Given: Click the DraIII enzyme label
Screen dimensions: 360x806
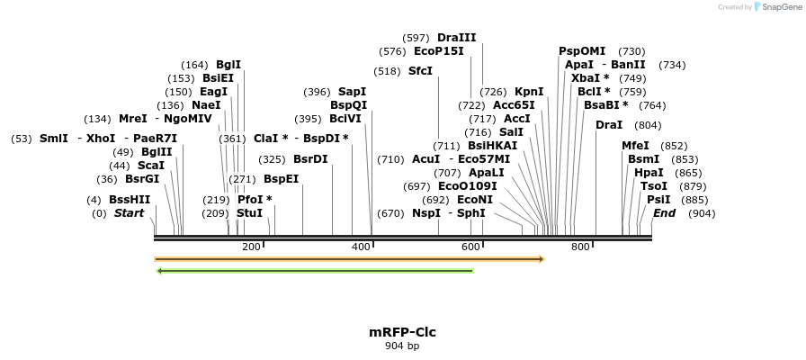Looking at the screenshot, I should pos(456,38).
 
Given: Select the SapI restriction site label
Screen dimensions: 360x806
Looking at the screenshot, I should pos(352,92).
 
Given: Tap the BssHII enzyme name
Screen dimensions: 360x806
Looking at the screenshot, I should pos(130,200).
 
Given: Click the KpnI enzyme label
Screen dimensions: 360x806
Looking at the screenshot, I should pos(529,92).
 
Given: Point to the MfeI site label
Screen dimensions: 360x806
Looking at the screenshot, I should pos(635,146).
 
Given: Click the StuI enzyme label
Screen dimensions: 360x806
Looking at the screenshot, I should pos(249,213).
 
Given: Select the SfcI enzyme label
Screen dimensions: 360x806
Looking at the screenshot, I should pos(420,71).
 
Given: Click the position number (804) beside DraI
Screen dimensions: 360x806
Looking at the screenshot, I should pos(648,125).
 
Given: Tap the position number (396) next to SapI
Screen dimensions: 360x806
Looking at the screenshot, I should pos(317,92).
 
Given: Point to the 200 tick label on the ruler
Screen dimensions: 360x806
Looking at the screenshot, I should pos(251,247).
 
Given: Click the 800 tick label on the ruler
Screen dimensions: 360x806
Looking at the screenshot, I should pos(580,247).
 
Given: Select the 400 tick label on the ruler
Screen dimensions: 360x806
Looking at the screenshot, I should pos(361,247).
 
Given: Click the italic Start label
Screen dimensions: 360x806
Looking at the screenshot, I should pos(129,213).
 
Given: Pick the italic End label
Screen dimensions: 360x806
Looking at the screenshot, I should pos(664,213).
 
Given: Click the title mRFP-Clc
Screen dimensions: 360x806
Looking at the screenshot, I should pos(402,332).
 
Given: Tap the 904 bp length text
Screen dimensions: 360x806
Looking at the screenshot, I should pos(402,346).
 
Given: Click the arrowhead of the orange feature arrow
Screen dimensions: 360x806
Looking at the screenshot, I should pos(542,259).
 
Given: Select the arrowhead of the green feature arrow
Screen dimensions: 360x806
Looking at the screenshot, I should pos(159,270).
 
